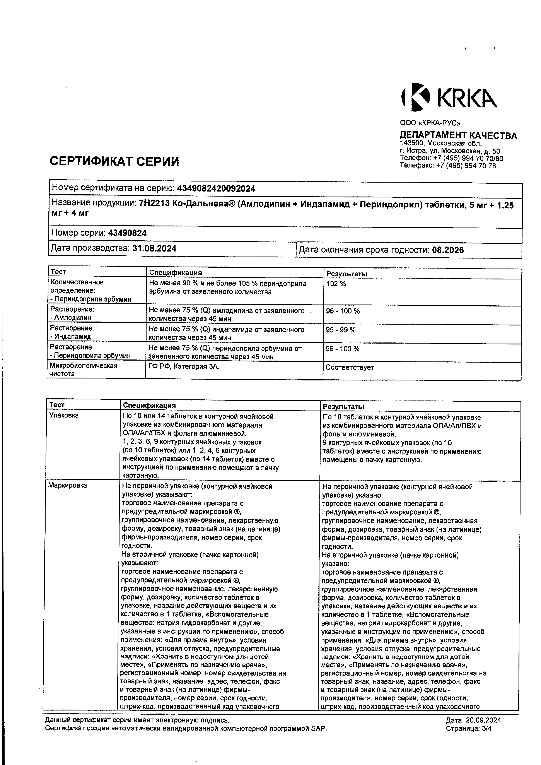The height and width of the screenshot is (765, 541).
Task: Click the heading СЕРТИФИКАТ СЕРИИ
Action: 114,162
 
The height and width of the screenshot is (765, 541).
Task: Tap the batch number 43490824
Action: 127,233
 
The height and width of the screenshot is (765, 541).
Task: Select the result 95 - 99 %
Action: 341,330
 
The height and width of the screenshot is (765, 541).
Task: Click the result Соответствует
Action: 350,368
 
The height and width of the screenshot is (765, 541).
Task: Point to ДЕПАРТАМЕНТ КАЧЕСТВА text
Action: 458,136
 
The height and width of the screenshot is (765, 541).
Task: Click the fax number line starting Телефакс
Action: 448,166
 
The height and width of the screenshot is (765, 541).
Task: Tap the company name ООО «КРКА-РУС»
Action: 430,123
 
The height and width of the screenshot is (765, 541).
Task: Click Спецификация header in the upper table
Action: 175,272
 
